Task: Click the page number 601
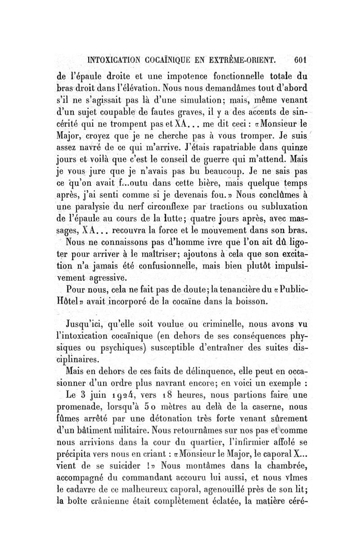pos(299,58)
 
